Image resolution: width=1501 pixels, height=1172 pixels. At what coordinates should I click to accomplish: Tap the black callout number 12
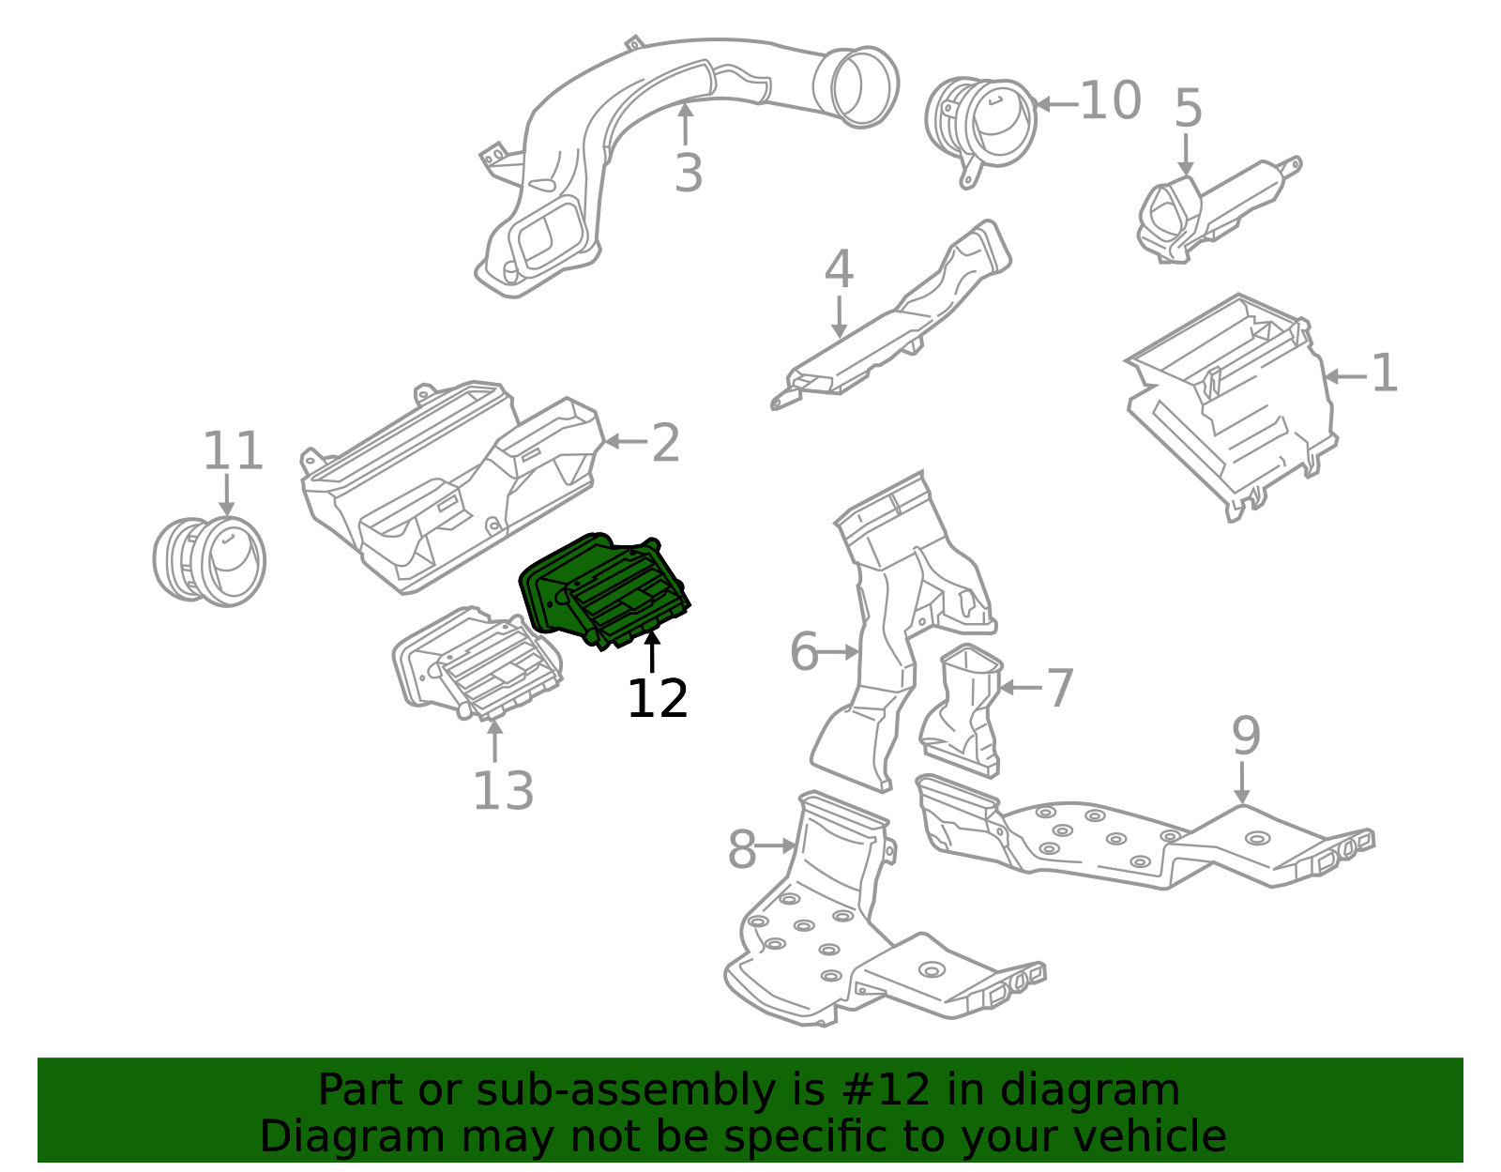click(x=657, y=698)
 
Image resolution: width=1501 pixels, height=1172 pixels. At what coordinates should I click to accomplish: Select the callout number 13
click(x=503, y=790)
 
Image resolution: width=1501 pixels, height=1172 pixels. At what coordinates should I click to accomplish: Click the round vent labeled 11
click(x=209, y=561)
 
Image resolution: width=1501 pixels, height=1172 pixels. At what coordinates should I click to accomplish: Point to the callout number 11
click(x=233, y=450)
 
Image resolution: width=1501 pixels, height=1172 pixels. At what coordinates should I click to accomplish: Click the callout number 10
click(x=1111, y=100)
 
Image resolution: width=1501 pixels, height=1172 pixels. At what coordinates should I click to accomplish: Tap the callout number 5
click(x=1188, y=108)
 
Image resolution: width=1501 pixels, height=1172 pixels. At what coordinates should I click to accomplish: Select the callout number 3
click(x=689, y=173)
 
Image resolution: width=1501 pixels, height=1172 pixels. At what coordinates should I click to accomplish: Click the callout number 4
click(x=839, y=268)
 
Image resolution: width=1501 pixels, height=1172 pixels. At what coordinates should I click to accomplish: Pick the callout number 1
click(x=1385, y=373)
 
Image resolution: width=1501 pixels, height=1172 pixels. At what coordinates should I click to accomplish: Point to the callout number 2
click(x=666, y=443)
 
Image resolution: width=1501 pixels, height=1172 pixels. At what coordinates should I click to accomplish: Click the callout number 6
click(x=804, y=651)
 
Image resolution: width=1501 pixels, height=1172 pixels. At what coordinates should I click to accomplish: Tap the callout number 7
click(x=1060, y=687)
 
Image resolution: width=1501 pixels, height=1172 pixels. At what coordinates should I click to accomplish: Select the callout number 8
click(x=743, y=850)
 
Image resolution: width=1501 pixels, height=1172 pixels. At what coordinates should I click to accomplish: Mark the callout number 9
click(x=1247, y=737)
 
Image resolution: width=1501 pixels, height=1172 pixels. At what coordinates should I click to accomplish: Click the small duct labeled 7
click(x=961, y=710)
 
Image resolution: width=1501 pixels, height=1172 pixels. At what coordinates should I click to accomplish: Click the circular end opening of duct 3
click(x=857, y=87)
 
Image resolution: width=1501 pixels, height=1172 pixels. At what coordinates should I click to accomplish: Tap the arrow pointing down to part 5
click(x=1186, y=154)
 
